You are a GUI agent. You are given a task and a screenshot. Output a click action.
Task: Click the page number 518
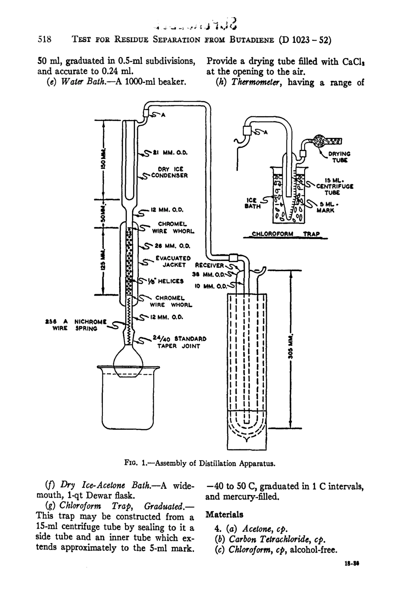click(45, 41)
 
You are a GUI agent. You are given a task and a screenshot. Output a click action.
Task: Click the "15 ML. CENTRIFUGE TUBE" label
click(332, 186)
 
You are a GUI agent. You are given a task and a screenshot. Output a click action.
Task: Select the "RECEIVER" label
click(210, 265)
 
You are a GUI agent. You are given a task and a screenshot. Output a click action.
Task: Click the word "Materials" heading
click(224, 514)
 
